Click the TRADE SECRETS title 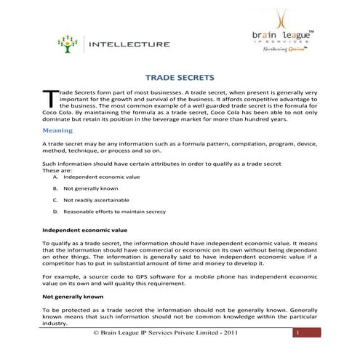(x=179, y=76)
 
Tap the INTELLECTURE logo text (x=129, y=44)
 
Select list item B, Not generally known (x=90, y=188)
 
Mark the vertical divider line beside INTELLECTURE (x=84, y=44)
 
